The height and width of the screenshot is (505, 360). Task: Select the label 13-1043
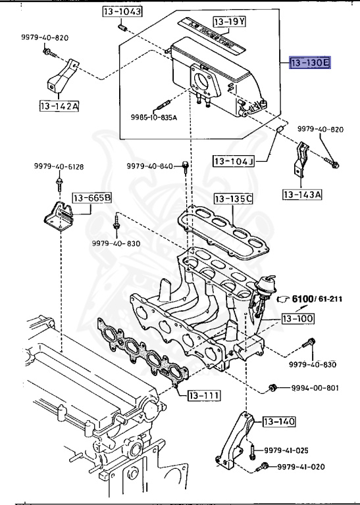[122, 12]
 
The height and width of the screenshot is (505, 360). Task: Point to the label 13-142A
[59, 105]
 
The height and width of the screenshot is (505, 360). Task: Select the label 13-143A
[303, 194]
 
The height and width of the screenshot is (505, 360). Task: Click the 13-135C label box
[233, 198]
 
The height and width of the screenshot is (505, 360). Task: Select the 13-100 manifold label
[297, 319]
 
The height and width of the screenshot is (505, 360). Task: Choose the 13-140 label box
[279, 421]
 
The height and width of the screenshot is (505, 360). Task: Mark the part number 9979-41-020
[301, 467]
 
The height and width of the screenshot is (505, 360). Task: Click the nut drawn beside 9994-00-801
[272, 387]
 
